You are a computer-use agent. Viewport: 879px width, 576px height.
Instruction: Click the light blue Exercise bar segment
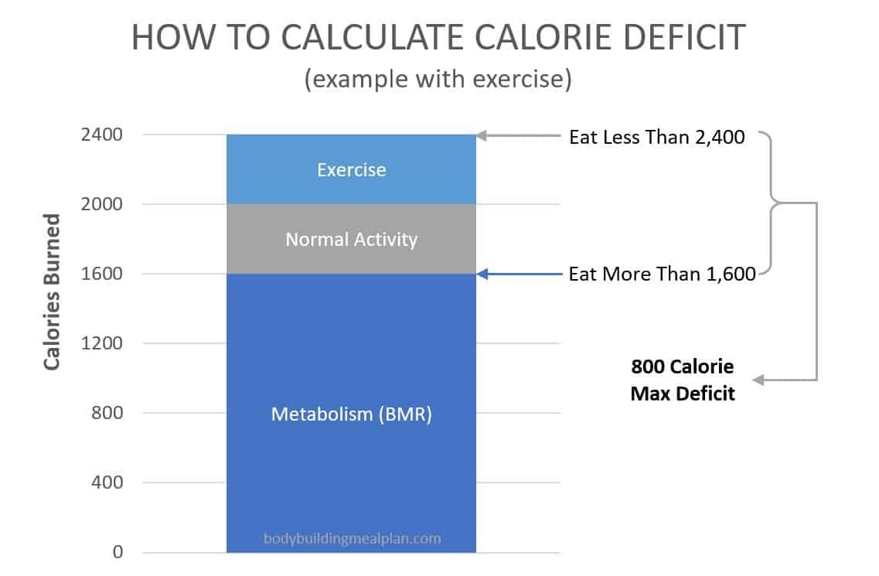pos(351,169)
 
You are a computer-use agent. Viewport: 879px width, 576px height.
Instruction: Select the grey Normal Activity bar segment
pos(351,239)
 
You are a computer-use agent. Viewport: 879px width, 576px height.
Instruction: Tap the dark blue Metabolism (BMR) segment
pos(351,414)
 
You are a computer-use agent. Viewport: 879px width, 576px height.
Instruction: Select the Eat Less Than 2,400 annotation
pos(656,138)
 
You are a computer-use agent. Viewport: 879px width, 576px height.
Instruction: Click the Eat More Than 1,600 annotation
pos(662,274)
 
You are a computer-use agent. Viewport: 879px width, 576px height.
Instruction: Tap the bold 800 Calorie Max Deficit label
pos(683,379)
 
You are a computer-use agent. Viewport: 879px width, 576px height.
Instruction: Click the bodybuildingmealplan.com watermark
pos(352,538)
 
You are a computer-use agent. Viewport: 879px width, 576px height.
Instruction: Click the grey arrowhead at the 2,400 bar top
pos(481,136)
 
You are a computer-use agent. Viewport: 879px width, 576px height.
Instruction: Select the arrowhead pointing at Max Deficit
pos(758,380)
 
